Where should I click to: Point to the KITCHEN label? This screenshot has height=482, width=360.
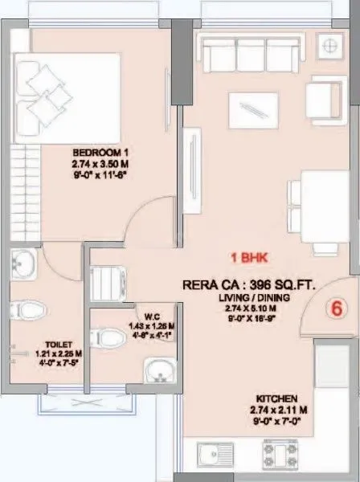tap(277, 398)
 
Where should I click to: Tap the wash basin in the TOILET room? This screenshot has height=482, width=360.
tap(23, 262)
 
